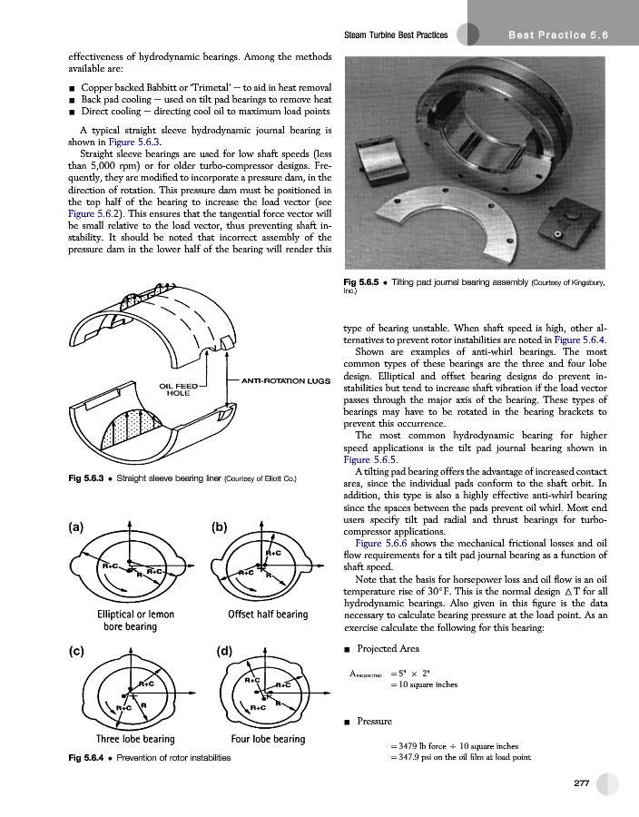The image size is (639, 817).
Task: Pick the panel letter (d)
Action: tap(227, 650)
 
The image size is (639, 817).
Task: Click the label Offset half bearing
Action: tap(268, 615)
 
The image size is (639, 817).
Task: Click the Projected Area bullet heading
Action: tap(388, 649)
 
